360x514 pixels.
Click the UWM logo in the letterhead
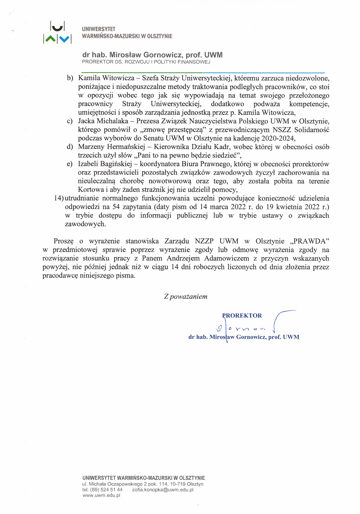point(57,33)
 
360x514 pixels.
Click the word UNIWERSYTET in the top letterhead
point(99,29)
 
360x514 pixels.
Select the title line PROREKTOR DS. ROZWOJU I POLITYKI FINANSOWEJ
point(146,62)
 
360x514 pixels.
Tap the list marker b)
point(70,78)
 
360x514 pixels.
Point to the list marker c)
point(70,121)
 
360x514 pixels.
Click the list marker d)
point(70,147)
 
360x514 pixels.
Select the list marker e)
point(70,164)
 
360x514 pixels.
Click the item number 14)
point(59,198)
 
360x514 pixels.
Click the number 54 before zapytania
point(116,207)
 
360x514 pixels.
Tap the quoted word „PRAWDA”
point(310,241)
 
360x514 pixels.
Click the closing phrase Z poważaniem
point(186,297)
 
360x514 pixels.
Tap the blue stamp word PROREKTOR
point(242,315)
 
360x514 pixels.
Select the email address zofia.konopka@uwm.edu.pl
point(163,490)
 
